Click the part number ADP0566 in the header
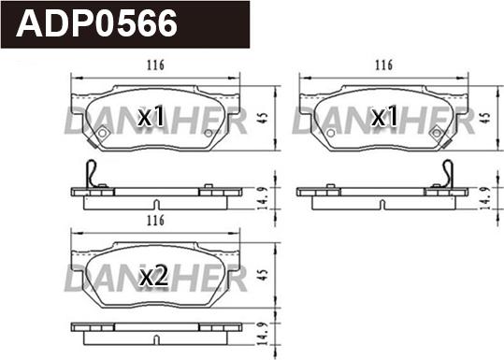pyautogui.click(x=96, y=23)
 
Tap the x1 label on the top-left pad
pyautogui.click(x=151, y=116)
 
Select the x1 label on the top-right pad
pyautogui.click(x=384, y=116)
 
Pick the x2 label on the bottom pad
pyautogui.click(x=153, y=277)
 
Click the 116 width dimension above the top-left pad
pyautogui.click(x=155, y=65)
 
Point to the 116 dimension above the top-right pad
pyautogui.click(x=383, y=65)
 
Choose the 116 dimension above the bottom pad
pyautogui.click(x=155, y=221)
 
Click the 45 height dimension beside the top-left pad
pyautogui.click(x=263, y=117)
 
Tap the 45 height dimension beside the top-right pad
pyautogui.click(x=485, y=118)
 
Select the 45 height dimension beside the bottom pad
pyautogui.click(x=263, y=275)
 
